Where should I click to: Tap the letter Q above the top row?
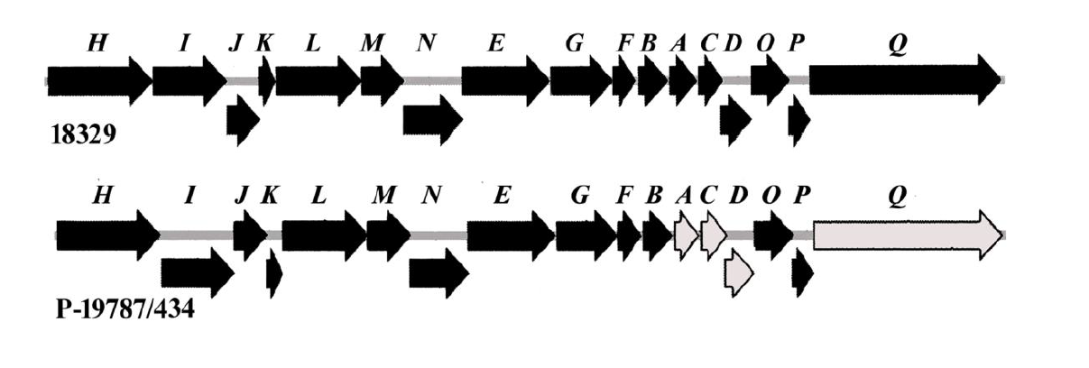(896, 47)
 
